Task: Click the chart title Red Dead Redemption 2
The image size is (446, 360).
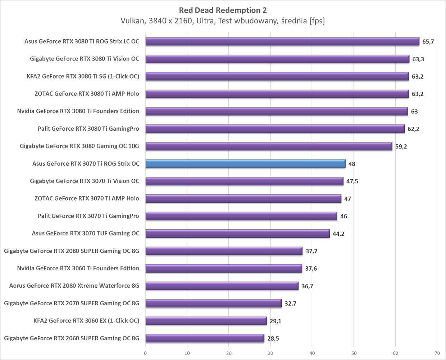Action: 223,10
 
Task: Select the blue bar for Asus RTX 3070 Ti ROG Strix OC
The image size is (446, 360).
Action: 245,164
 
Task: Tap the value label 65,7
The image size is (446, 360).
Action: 428,41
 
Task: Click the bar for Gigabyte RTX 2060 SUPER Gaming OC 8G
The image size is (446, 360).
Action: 205,338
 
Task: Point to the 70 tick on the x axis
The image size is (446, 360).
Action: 437,353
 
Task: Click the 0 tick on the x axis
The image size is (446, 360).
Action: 145,353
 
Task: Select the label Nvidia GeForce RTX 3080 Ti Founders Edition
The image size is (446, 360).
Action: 78,111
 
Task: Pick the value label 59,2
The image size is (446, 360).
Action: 401,147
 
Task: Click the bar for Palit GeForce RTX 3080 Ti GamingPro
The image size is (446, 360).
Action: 275,129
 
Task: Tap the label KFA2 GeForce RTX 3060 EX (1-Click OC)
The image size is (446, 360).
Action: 86,321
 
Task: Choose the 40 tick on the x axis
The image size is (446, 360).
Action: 312,353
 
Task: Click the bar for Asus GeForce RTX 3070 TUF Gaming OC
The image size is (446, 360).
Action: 237,234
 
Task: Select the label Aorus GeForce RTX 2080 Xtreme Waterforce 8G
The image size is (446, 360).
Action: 74,286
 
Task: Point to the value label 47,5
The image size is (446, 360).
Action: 352,181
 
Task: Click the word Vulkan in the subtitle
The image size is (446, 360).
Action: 132,21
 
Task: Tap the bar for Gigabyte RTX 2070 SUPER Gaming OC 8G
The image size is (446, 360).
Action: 213,303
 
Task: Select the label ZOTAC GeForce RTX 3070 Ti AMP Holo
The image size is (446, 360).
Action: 87,198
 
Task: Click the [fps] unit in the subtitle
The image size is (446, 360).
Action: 317,21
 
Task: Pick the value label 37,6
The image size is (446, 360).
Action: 311,269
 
